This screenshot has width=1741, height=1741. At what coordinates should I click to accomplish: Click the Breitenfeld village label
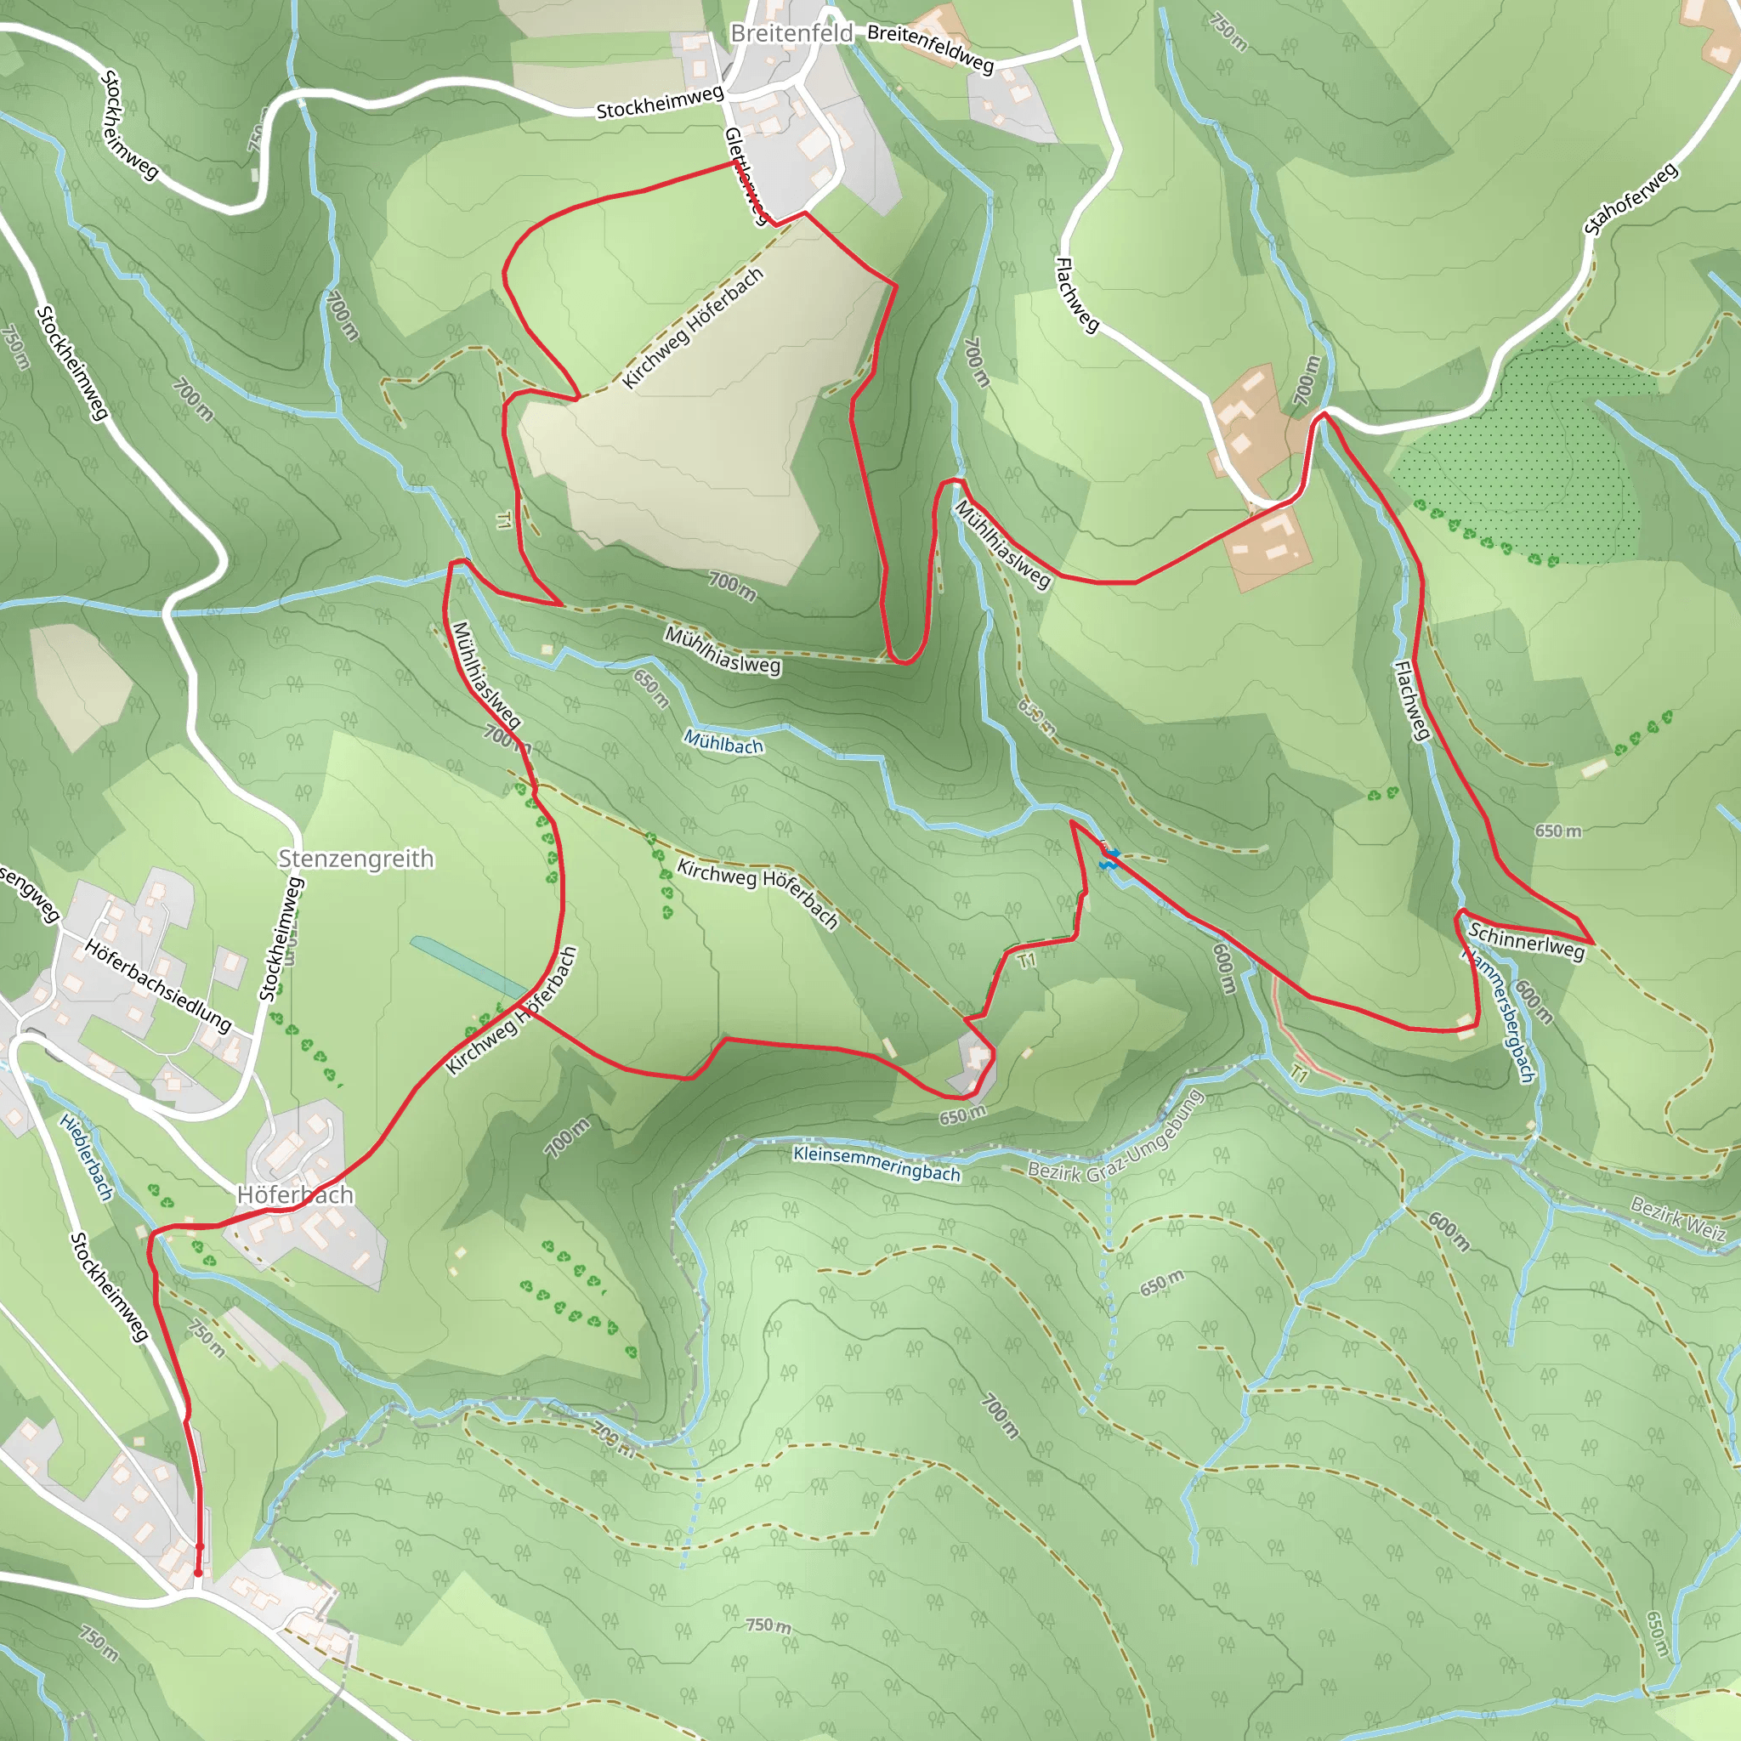click(791, 34)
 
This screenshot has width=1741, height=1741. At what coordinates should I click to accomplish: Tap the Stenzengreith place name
click(356, 859)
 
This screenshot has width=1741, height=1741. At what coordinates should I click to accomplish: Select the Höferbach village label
click(295, 1195)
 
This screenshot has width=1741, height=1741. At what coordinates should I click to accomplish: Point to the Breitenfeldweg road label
click(930, 48)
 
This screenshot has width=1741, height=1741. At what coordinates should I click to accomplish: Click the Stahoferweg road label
click(1631, 199)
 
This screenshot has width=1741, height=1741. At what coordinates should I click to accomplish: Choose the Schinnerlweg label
click(1526, 941)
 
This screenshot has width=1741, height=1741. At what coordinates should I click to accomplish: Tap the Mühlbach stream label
click(723, 742)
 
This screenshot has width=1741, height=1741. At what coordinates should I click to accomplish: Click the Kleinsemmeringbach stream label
click(876, 1164)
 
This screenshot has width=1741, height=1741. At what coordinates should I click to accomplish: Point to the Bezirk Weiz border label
click(1678, 1218)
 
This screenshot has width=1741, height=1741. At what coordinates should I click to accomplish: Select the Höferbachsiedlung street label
click(158, 985)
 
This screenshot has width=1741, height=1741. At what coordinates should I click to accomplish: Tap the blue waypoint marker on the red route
click(1109, 859)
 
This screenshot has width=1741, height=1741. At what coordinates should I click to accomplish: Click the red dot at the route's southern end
click(198, 1573)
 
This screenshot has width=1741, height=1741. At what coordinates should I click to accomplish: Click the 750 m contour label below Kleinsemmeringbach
click(768, 1625)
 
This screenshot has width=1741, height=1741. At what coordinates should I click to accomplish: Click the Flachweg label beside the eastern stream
click(1412, 701)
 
